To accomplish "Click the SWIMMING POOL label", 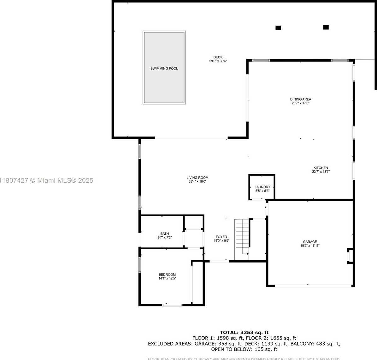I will tap(164, 68).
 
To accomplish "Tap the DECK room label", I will tap(218, 57).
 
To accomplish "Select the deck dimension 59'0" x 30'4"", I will tap(218, 61).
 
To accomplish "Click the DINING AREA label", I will tap(301, 99).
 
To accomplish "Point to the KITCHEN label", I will tap(321, 168).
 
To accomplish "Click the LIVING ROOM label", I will tap(197, 178).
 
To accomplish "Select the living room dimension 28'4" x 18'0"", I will tap(197, 182).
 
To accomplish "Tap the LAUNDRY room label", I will tap(262, 187).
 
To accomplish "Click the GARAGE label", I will tap(310, 242).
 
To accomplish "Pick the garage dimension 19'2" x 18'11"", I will tap(310, 245).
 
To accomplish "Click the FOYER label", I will tap(221, 237).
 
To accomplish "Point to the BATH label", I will tap(164, 234).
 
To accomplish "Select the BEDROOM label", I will tap(167, 274).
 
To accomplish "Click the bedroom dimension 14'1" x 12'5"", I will tap(167, 279).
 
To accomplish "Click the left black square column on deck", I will tap(278, 28).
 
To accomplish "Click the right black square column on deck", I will tap(326, 27).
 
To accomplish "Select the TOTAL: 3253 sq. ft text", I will tap(244, 332).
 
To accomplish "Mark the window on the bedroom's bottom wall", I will tap(172, 305).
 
